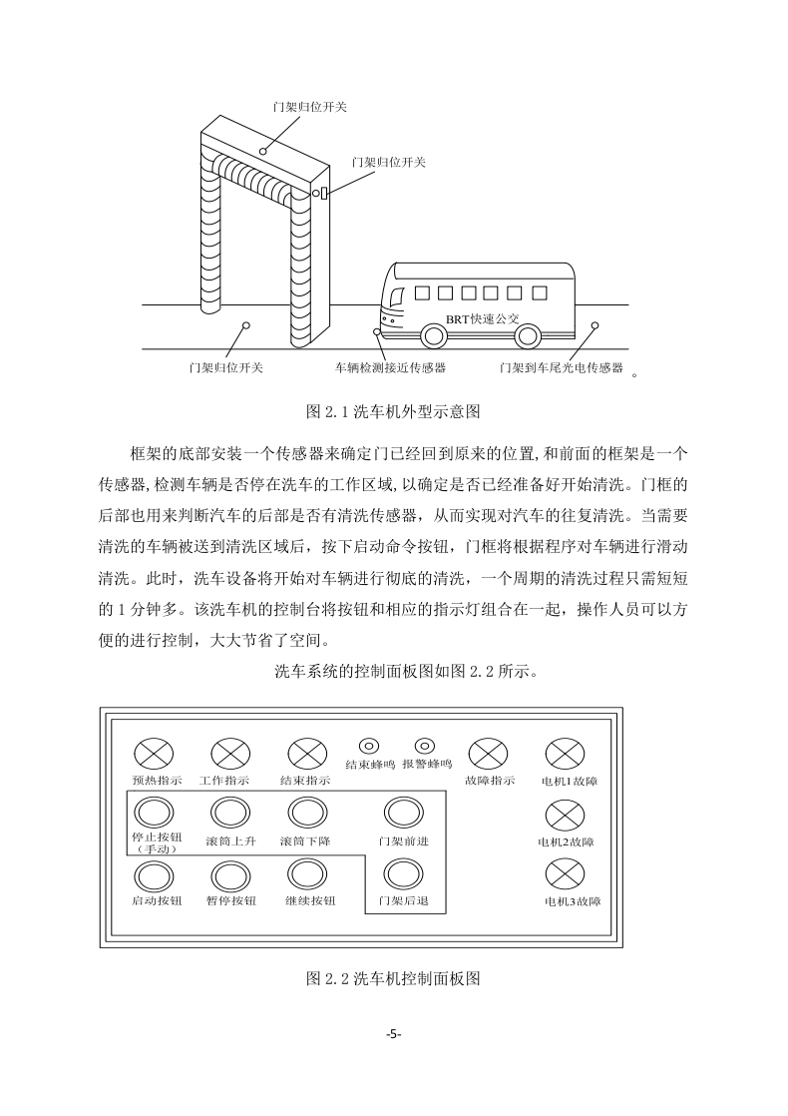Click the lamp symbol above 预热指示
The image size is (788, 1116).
(x=155, y=754)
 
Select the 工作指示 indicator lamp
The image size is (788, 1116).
(x=231, y=754)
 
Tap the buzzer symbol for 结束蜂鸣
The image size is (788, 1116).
(x=369, y=746)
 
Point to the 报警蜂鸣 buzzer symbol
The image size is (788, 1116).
(x=425, y=746)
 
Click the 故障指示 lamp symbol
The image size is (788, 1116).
(x=489, y=754)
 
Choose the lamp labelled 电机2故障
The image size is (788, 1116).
(x=566, y=816)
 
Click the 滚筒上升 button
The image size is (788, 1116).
(x=231, y=814)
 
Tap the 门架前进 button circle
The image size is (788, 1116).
(x=403, y=814)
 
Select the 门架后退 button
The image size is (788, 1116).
(x=403, y=874)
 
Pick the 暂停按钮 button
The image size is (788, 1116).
(x=231, y=876)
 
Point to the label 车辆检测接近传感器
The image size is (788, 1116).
(x=390, y=368)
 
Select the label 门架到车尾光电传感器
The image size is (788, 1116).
(x=562, y=368)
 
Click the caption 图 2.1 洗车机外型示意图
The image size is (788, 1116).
(x=393, y=411)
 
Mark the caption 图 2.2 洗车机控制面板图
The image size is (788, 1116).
(x=393, y=978)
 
